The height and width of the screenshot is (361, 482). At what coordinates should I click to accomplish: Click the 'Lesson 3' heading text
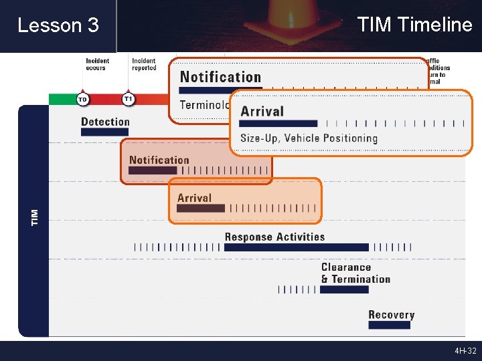[x=58, y=25]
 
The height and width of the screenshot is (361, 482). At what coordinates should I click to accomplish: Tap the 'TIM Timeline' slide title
[x=414, y=25]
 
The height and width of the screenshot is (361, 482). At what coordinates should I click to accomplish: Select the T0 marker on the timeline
[x=82, y=99]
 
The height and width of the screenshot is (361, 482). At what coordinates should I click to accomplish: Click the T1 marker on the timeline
[x=129, y=99]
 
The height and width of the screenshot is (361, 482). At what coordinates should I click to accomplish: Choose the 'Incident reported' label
[x=144, y=64]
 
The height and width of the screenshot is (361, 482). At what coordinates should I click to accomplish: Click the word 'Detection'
[x=105, y=122]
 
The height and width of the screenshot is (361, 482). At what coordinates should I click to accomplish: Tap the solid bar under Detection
[x=104, y=132]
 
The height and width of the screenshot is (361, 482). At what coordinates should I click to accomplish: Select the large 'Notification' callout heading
[x=220, y=77]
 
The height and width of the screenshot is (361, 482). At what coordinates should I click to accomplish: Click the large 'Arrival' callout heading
[x=262, y=112]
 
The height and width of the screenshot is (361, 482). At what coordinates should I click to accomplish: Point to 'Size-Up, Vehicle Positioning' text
[x=309, y=138]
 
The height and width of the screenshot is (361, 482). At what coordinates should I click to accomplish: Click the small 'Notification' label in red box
[x=159, y=160]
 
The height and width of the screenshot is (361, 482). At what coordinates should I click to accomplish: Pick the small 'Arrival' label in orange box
[x=194, y=198]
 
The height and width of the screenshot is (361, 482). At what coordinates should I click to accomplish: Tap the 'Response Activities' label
[x=274, y=237]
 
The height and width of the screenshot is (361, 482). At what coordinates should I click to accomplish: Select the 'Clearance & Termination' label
[x=355, y=273]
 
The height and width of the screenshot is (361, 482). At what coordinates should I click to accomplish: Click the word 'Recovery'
[x=391, y=315]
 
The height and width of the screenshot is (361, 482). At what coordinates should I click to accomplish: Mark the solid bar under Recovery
[x=389, y=325]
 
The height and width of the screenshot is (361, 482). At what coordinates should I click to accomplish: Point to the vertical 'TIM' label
[x=35, y=216]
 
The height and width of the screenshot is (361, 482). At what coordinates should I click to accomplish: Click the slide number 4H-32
[x=465, y=351]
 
